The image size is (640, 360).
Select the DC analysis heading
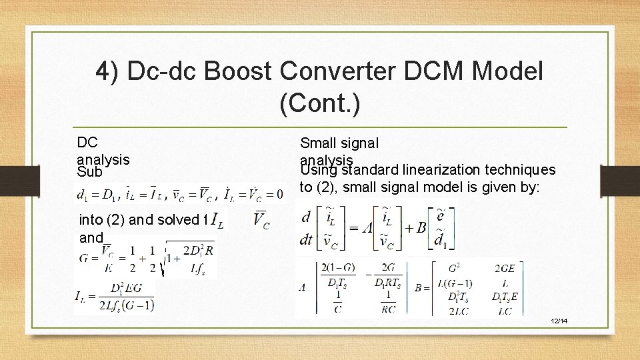(x=103, y=151)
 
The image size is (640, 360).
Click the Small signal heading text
(x=339, y=143)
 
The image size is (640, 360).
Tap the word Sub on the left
(x=89, y=172)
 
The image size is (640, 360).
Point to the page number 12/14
(x=559, y=321)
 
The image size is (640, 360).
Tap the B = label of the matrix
(x=422, y=288)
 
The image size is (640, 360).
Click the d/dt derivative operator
(x=306, y=228)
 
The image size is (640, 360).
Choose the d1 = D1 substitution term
(x=97, y=195)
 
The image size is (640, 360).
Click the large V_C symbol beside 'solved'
(x=261, y=219)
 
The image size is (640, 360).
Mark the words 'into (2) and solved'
(x=139, y=219)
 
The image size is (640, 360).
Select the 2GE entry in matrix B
(x=505, y=268)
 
